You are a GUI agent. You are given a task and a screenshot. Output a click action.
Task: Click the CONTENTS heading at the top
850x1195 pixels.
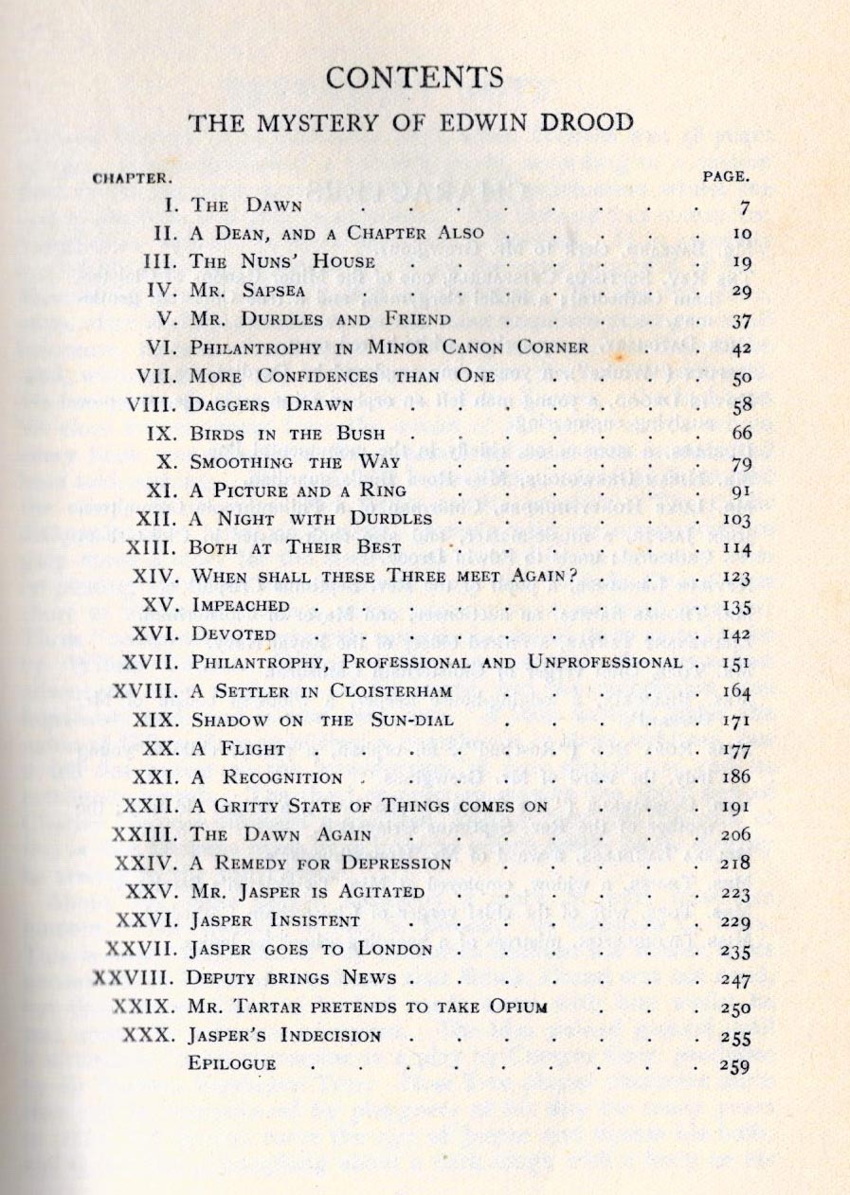click(425, 76)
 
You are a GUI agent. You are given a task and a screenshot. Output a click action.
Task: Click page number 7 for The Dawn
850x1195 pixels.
click(746, 206)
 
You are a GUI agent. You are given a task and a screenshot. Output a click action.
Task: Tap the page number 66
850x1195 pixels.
click(738, 434)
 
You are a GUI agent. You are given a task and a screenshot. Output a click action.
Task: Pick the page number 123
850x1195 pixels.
click(734, 577)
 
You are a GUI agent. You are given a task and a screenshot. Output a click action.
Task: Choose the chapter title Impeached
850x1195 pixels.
click(240, 605)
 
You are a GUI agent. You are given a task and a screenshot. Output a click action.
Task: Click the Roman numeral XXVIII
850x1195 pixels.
click(136, 977)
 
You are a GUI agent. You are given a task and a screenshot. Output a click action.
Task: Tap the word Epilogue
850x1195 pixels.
click(232, 1063)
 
